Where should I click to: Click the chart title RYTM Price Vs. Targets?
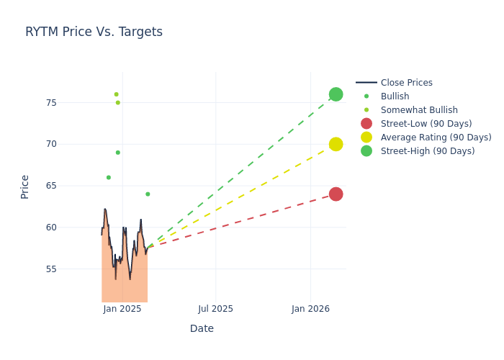[x=94, y=32]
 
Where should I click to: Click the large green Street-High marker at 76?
[x=336, y=94]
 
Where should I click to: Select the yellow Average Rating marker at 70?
[x=336, y=144]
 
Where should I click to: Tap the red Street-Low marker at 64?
[x=336, y=194]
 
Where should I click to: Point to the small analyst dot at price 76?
[x=116, y=94]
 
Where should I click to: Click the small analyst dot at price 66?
[x=109, y=177]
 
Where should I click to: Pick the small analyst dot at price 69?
[x=118, y=153]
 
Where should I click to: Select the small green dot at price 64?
[x=148, y=194]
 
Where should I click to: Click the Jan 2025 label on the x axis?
[x=122, y=309]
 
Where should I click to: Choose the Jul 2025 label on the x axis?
[x=215, y=309]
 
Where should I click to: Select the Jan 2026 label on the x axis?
[x=310, y=309]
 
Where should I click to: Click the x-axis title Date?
[x=202, y=328]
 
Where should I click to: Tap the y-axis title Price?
[x=25, y=186]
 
